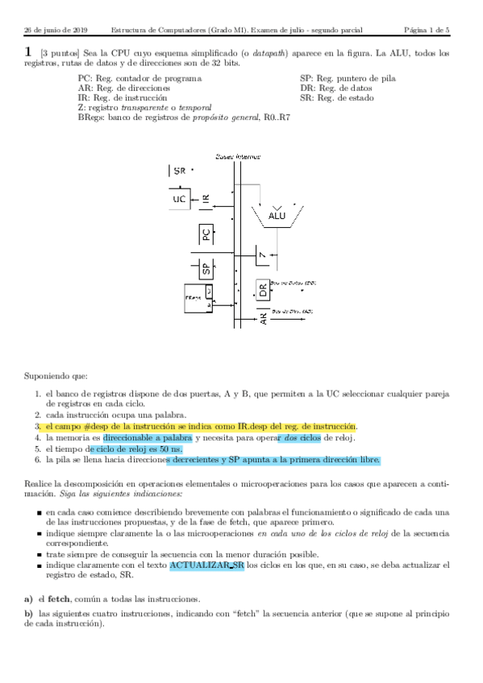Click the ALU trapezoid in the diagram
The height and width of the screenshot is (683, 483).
(277, 215)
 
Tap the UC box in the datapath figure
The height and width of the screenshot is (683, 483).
(180, 198)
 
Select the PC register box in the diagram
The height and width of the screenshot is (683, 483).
(206, 235)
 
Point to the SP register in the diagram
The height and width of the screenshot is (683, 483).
(206, 269)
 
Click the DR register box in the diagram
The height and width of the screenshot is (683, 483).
(262, 290)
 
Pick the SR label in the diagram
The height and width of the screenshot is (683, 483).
(180, 171)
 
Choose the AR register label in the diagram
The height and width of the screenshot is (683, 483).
(264, 317)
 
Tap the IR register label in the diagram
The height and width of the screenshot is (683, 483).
(206, 198)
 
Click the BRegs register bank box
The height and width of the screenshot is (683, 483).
(198, 298)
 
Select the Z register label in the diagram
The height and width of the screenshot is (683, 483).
(262, 256)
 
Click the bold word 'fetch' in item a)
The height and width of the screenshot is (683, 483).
(60, 599)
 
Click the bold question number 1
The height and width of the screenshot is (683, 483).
(28, 52)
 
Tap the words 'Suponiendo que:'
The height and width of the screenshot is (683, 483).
(56, 375)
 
